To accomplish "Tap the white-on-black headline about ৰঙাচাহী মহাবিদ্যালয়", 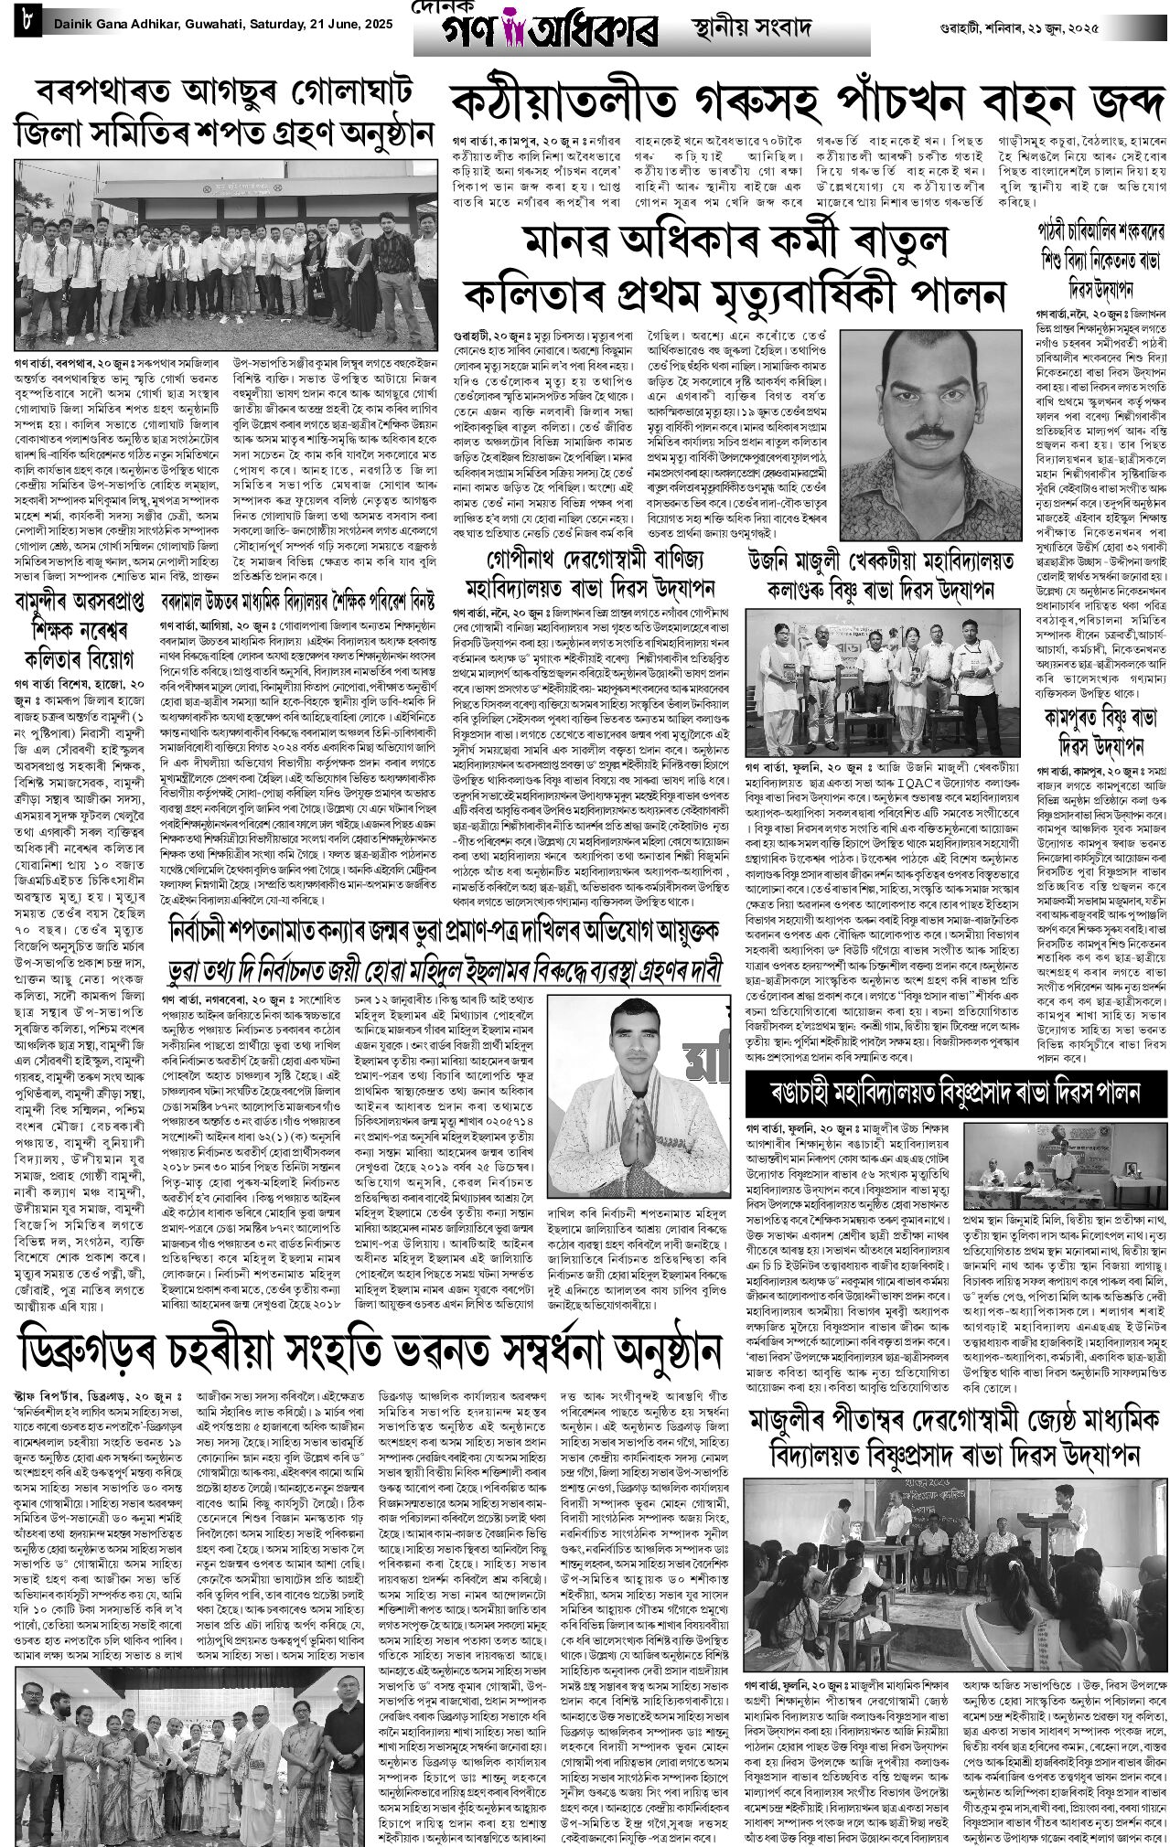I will [x=955, y=1092].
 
